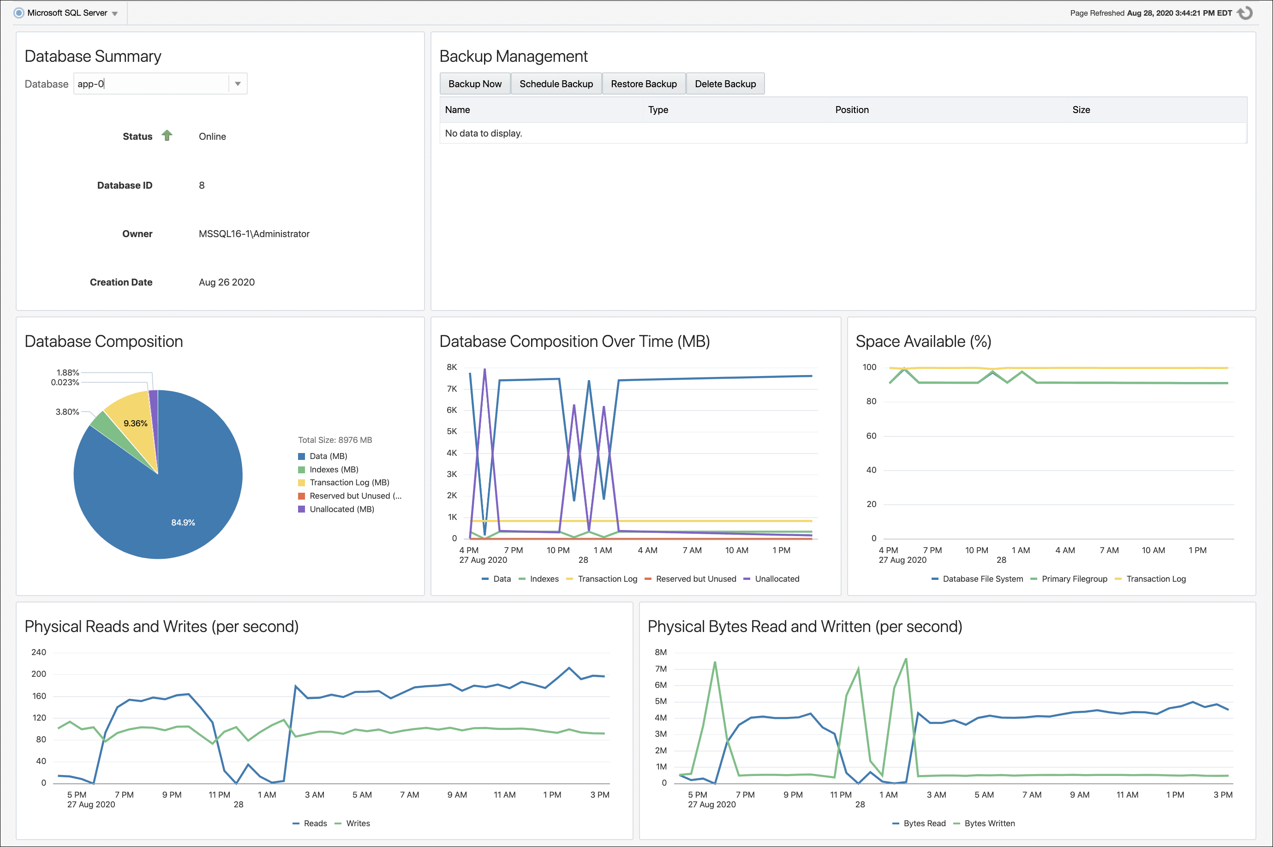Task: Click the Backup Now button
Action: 475,84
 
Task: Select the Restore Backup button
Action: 643,84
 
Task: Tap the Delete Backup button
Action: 725,84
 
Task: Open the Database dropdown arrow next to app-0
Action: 238,84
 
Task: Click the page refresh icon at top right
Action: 1245,13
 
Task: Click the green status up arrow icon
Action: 167,136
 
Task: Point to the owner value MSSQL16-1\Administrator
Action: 254,234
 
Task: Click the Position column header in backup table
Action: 852,110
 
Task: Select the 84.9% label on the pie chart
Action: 183,522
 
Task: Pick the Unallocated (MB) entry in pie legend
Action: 341,509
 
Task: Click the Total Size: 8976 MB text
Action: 335,440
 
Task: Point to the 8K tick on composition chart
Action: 452,367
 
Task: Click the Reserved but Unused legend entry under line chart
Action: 696,579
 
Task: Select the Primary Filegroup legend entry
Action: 1074,579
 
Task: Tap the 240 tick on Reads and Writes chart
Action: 39,652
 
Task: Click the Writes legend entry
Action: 358,823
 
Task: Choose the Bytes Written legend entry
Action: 989,823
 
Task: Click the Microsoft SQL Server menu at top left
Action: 67,13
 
